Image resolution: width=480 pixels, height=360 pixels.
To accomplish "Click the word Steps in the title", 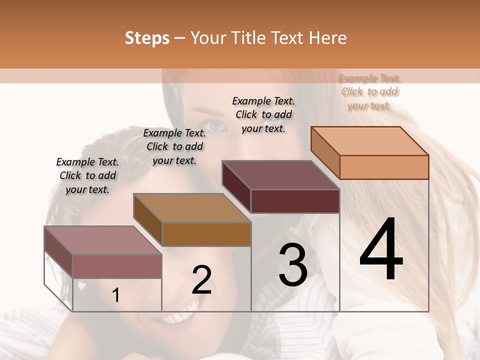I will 147,38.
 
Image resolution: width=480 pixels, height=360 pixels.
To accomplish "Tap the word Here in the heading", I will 328,38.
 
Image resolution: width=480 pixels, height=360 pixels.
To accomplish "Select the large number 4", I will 381,250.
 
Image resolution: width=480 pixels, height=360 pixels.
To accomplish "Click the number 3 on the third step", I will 293,265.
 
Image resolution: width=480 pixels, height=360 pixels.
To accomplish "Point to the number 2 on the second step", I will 201,280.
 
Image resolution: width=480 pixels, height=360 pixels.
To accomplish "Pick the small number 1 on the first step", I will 116,295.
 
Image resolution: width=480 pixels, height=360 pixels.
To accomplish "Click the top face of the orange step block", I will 370,141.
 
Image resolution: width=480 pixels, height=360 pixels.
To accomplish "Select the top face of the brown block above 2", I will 192,208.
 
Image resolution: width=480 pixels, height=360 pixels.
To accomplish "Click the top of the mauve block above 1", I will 103,240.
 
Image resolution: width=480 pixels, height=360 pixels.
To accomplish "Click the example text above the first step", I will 87,175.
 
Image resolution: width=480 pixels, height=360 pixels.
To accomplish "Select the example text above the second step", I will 174,146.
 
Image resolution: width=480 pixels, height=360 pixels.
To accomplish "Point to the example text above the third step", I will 263,114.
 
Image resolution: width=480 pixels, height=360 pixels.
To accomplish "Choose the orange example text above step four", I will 369,91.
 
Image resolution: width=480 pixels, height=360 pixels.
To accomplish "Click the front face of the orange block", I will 384,167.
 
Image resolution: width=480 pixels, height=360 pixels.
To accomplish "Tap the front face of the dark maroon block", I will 295,201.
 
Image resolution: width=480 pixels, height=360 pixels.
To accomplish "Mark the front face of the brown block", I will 206,234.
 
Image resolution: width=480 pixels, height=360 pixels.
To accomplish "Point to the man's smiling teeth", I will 177,317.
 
